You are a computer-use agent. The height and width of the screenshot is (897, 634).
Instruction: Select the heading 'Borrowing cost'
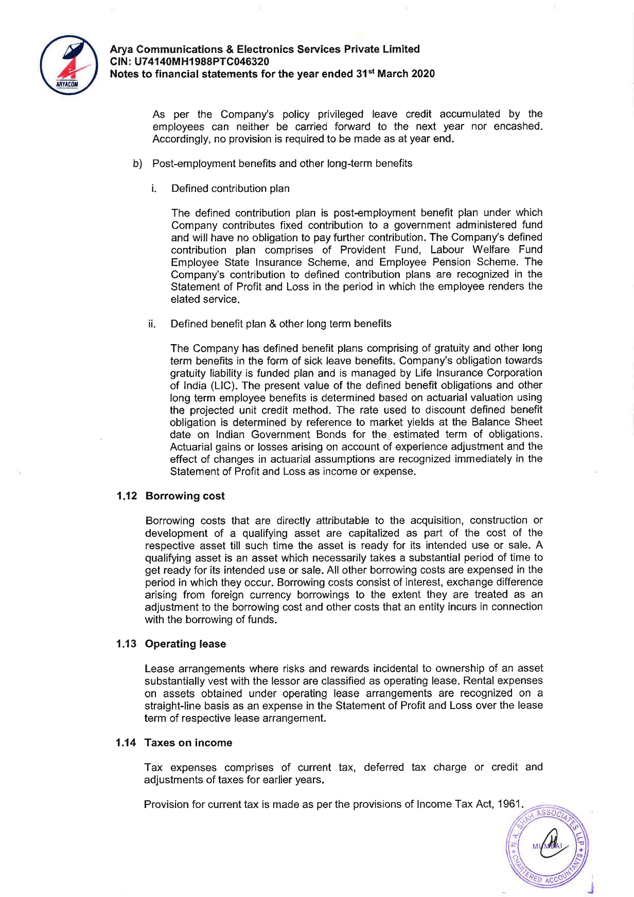(185, 496)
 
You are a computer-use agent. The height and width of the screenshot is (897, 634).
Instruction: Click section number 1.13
(126, 644)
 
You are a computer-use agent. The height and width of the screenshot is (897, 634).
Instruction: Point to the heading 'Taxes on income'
(188, 743)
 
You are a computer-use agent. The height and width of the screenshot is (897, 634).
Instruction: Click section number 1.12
(127, 496)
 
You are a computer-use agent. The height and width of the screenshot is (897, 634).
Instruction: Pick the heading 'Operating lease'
(185, 644)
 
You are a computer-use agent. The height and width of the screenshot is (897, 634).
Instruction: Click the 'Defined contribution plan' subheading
(230, 189)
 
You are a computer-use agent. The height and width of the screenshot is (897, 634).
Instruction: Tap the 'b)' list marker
(137, 164)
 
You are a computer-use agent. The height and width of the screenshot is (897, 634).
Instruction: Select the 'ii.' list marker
(152, 324)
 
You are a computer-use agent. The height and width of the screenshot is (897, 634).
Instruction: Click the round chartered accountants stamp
(548, 845)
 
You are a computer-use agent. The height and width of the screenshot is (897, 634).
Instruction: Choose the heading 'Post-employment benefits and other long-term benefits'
(282, 164)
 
